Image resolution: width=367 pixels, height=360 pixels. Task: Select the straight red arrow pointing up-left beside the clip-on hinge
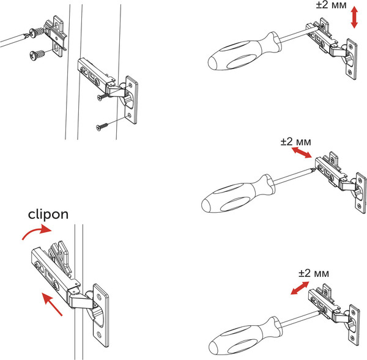point(52,304)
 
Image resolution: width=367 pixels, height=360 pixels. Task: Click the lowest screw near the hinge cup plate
point(102,127)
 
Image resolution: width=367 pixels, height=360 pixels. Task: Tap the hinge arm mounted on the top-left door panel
point(95,73)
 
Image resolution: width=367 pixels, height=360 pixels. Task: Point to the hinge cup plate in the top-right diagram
point(352,59)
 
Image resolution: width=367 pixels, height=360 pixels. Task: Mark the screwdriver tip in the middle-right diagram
point(314,170)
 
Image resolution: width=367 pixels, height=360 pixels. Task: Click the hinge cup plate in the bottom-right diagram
point(353,321)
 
